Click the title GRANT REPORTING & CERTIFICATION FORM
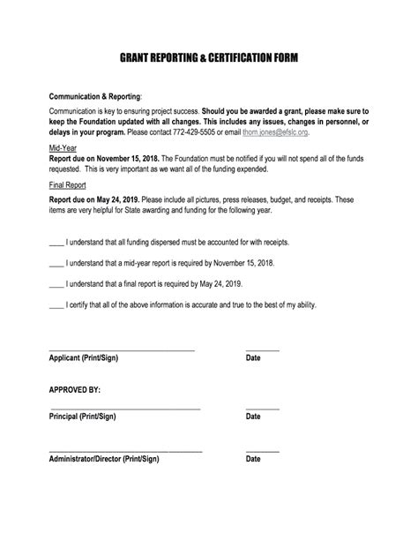209,58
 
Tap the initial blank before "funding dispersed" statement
56,242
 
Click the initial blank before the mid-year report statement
56,263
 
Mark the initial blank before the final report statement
56,284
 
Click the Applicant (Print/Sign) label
83,358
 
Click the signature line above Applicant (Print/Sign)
121,350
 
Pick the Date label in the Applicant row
253,358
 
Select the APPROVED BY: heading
74,389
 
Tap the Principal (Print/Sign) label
82,416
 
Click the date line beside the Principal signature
262,409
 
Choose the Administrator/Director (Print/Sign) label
103,459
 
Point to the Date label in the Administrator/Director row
253,459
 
